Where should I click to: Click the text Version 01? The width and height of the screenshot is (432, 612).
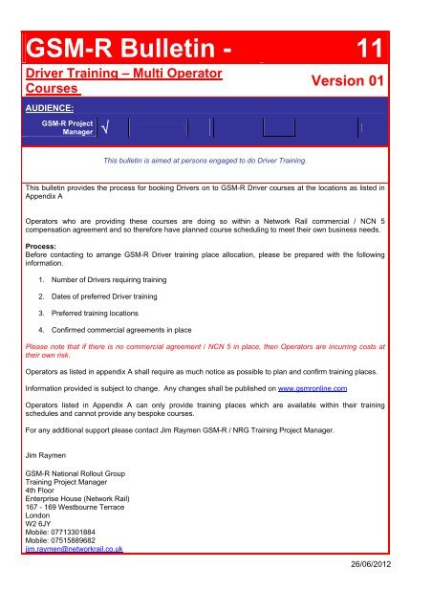(340, 83)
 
